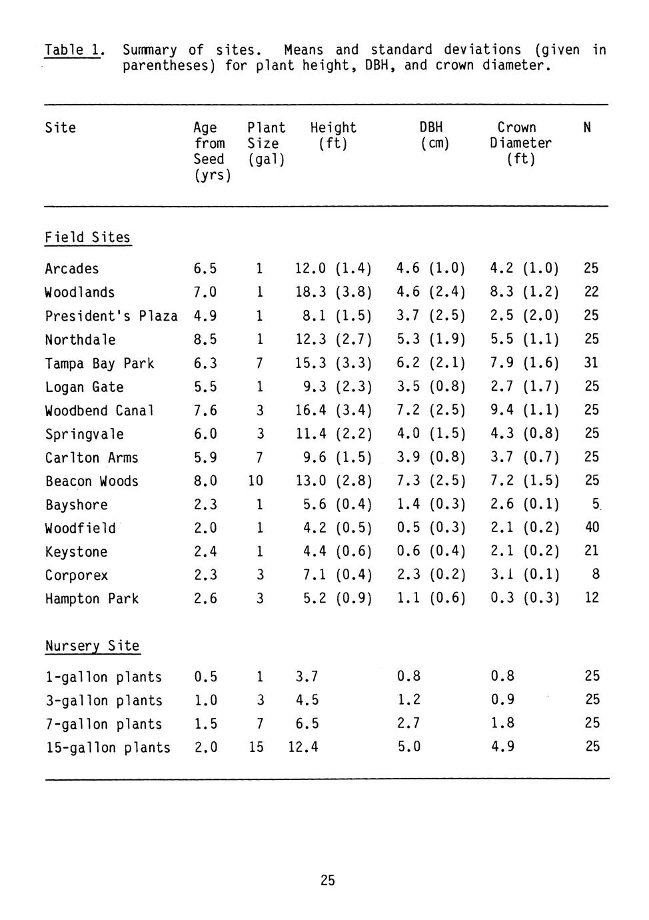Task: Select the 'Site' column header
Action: tap(60, 128)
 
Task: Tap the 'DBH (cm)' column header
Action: tap(432, 135)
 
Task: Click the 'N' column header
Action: tap(586, 127)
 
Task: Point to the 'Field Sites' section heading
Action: tap(87, 238)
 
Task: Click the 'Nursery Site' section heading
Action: tap(92, 646)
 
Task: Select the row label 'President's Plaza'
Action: tap(111, 316)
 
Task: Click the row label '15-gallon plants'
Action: tap(107, 747)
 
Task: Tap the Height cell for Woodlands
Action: tap(332, 292)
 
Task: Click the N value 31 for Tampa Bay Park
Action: tap(591, 363)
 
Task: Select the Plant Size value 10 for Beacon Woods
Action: tap(256, 481)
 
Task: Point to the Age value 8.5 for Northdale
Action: tap(205, 339)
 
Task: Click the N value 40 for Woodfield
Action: tap(591, 527)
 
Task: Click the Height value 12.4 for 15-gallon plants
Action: tap(303, 747)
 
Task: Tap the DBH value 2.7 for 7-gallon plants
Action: tap(408, 723)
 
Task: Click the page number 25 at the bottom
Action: tap(327, 881)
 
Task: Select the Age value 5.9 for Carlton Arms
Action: tap(205, 457)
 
